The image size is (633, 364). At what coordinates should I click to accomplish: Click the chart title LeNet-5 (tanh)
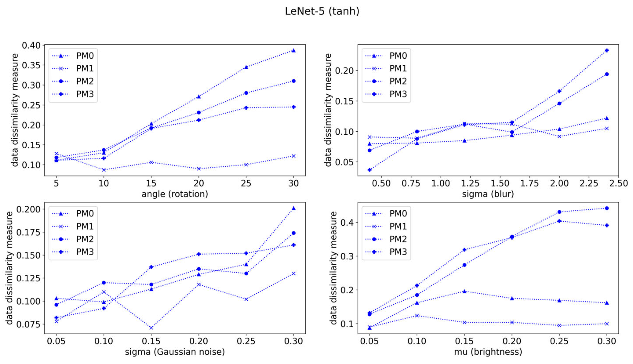(322, 11)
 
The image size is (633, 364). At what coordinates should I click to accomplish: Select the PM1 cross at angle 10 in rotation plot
(104, 170)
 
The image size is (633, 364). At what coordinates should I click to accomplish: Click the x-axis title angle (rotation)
(175, 194)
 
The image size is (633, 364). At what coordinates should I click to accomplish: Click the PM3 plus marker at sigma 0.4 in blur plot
(370, 170)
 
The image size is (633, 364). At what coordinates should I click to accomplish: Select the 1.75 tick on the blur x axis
(530, 183)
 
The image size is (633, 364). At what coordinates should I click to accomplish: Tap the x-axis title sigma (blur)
(488, 194)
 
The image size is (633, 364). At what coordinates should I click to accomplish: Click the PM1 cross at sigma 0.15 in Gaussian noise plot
(151, 328)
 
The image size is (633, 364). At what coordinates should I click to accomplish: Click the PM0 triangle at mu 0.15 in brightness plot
(464, 291)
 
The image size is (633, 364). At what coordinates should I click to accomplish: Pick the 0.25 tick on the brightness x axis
(559, 341)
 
